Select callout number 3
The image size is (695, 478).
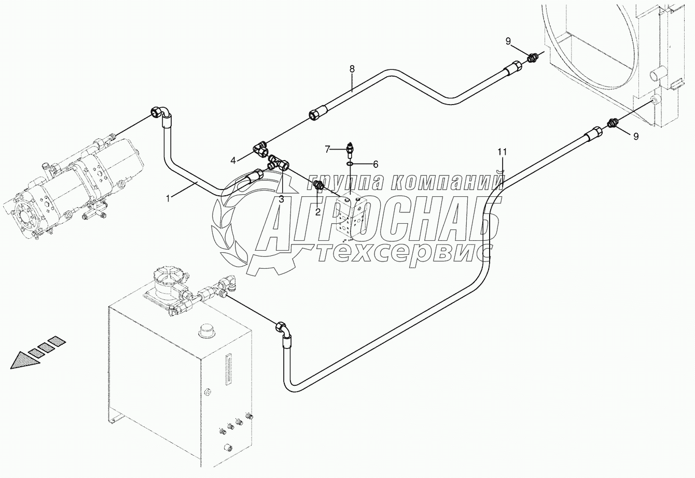click(x=281, y=199)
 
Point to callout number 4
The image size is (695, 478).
click(x=234, y=160)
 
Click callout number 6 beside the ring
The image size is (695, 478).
click(x=375, y=164)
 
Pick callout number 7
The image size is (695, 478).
click(x=327, y=150)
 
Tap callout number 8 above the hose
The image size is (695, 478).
click(x=352, y=68)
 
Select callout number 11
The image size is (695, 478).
click(x=502, y=152)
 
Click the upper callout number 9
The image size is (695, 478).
click(x=508, y=41)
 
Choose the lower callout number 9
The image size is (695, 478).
click(x=635, y=136)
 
